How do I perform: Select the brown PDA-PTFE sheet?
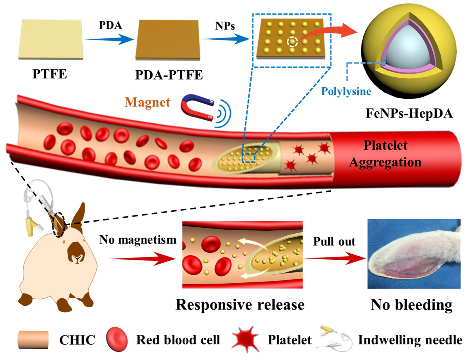coord(168,39)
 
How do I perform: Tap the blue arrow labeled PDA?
coord(109,39)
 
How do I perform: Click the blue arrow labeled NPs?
coord(226,39)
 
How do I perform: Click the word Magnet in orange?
coord(147,102)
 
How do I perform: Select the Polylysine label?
coord(346,91)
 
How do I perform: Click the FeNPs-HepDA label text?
coord(409,113)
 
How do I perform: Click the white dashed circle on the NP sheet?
coord(292,42)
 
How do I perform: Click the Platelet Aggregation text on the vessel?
coord(385,154)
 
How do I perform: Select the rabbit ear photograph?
coord(414,254)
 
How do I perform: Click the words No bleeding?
coord(411,305)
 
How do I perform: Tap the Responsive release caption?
coord(240,305)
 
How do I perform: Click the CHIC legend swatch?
coord(33,340)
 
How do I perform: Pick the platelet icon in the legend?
coord(245,339)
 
